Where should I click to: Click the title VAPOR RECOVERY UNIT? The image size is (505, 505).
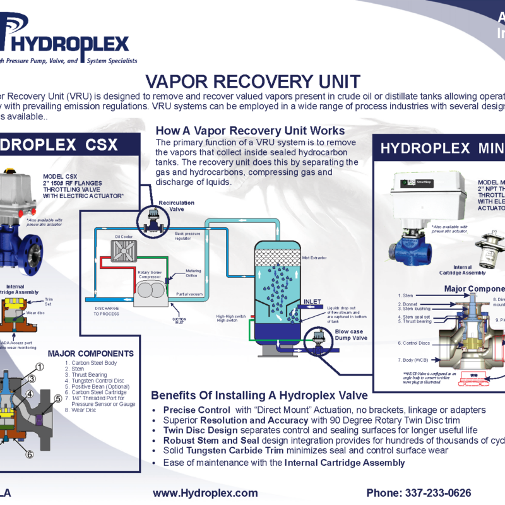click(252, 81)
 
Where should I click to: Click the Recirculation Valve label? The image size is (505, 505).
click(176, 206)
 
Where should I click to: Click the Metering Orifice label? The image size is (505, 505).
click(193, 273)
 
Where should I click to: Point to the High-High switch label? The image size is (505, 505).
click(230, 316)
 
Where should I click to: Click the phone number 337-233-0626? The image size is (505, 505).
click(419, 493)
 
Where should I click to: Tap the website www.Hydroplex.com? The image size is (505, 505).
click(205, 493)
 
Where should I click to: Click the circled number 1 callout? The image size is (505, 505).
click(39, 367)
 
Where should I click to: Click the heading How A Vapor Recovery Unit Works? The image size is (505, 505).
click(250, 131)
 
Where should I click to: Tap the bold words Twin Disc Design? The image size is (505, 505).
click(196, 430)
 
